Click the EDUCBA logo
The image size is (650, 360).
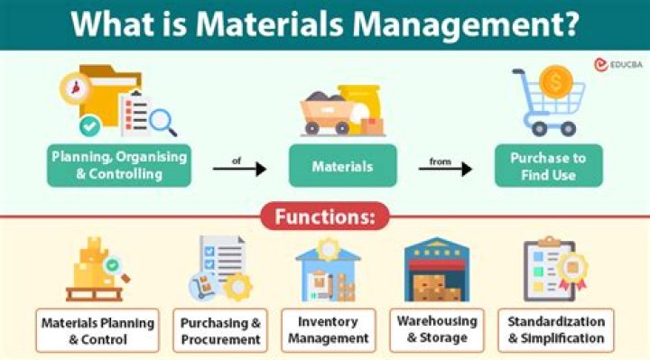pos(618,65)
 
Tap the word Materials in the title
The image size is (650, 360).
pos(269,23)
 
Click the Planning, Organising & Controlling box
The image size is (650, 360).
pos(119,165)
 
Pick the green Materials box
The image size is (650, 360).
pos(343,166)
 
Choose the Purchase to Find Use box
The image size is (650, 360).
pos(549,166)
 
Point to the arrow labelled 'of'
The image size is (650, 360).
pos(239,169)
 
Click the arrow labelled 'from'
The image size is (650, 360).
pos(445,169)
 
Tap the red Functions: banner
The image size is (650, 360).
pos(325,217)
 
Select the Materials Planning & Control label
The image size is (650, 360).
pos(97,330)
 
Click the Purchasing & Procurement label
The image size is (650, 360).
pos(220,330)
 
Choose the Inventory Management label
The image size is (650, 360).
pos(329,330)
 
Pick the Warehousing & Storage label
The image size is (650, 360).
pos(437,330)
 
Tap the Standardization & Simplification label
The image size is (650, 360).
pos(556,330)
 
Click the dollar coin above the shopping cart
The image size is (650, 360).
pos(555,82)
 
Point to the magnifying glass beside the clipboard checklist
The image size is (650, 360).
pos(162,122)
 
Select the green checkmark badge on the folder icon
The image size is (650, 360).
pos(90,126)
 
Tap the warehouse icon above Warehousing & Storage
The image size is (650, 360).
pos(437,269)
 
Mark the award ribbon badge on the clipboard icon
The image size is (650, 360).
pos(572,269)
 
